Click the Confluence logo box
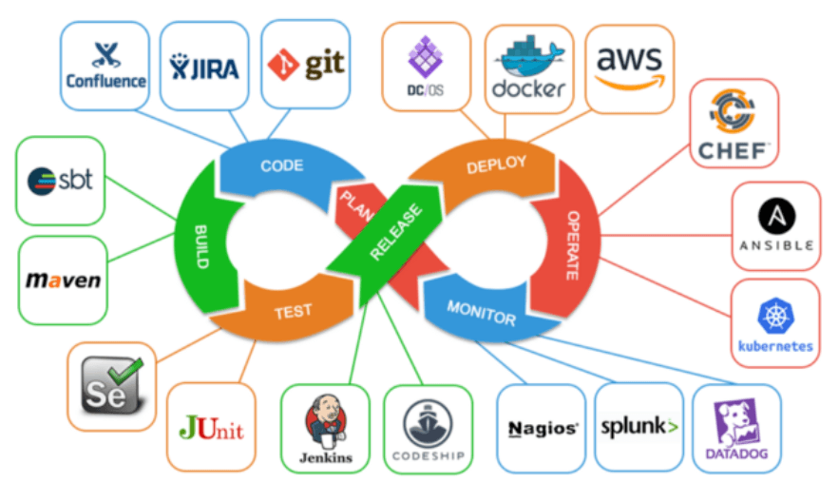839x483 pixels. (105, 65)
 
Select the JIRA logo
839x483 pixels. (204, 67)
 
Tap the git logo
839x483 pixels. (306, 65)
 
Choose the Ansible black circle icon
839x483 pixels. (775, 215)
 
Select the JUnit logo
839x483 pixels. (211, 427)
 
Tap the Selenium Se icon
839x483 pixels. (112, 382)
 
